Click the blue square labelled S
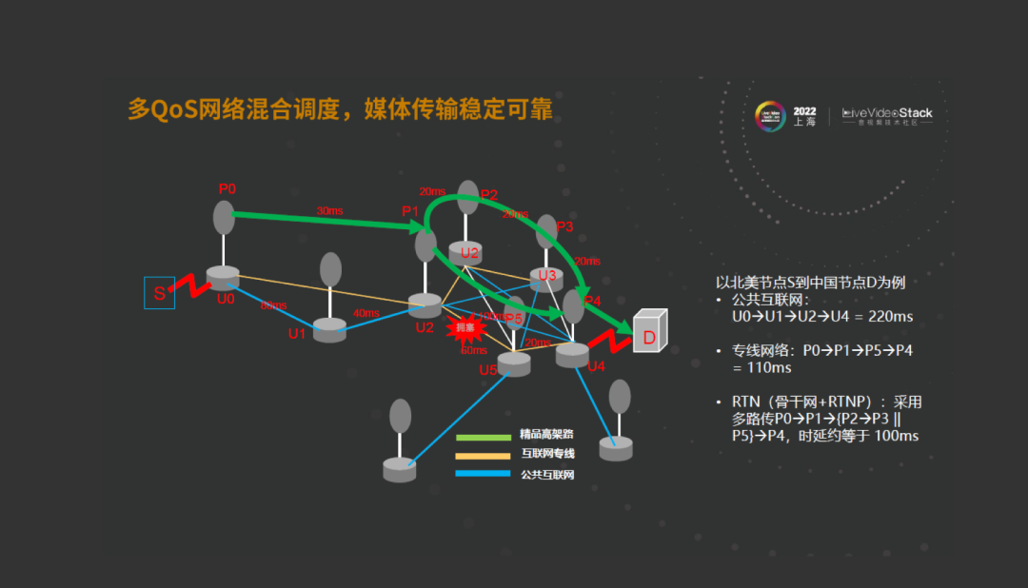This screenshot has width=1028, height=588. (x=159, y=293)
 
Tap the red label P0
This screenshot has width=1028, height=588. (x=227, y=188)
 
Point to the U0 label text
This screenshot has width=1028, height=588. (x=226, y=299)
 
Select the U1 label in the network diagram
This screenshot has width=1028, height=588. (x=297, y=334)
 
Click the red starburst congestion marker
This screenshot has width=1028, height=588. (x=466, y=328)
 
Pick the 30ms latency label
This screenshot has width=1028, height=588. (x=330, y=210)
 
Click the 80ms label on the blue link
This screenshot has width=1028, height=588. (x=272, y=305)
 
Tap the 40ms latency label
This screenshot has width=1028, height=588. (x=366, y=313)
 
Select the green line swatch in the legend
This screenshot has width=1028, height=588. (x=484, y=438)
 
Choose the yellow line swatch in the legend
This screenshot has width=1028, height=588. (x=484, y=456)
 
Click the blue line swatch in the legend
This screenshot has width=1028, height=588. (x=484, y=474)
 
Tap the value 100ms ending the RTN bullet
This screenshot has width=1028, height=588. (x=896, y=436)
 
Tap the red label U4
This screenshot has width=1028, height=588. (x=597, y=366)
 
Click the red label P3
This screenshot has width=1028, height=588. (x=564, y=226)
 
